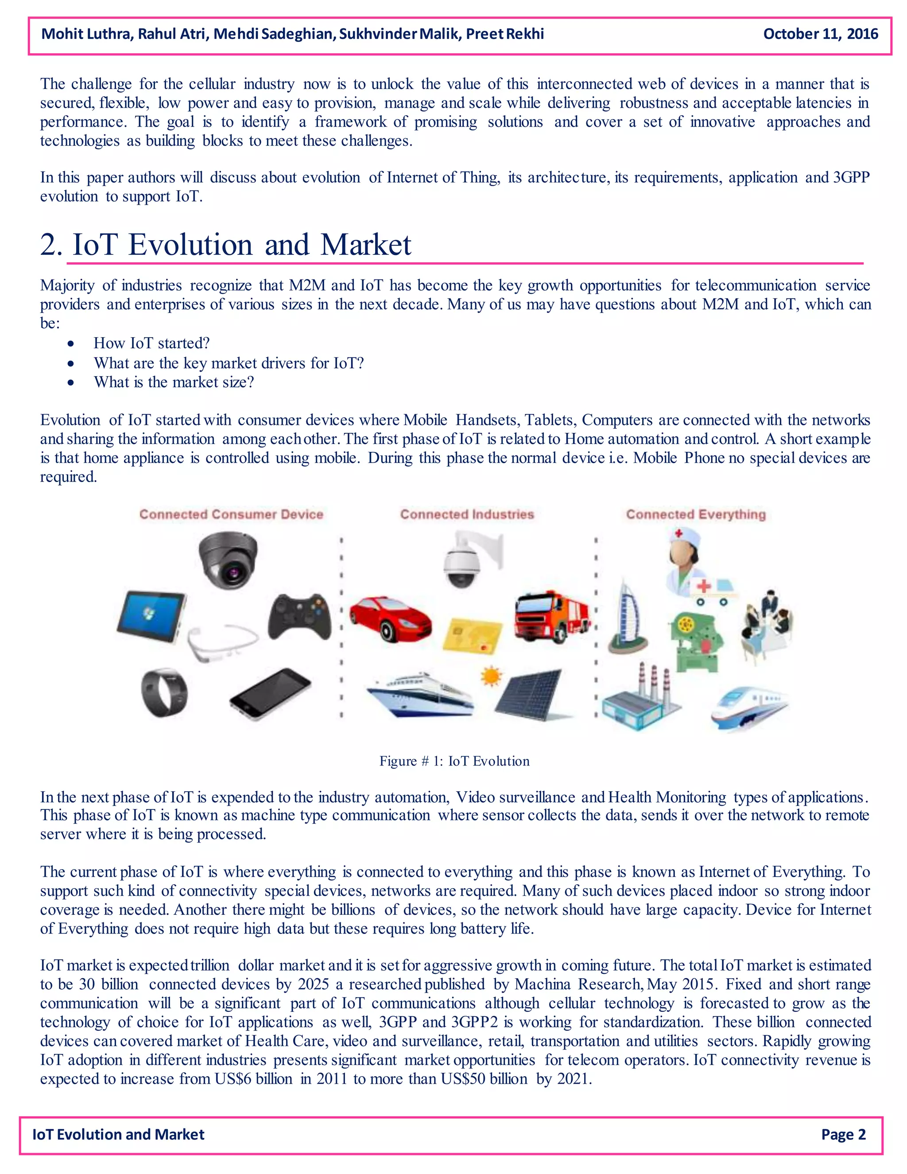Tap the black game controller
click(x=300, y=616)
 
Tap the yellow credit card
click(x=472, y=636)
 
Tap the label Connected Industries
click(x=467, y=514)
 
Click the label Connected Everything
click(x=695, y=514)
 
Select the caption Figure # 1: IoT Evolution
click(x=454, y=761)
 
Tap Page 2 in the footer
click(x=843, y=1134)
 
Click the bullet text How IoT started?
click(x=151, y=343)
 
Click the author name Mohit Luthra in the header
click(x=86, y=34)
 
